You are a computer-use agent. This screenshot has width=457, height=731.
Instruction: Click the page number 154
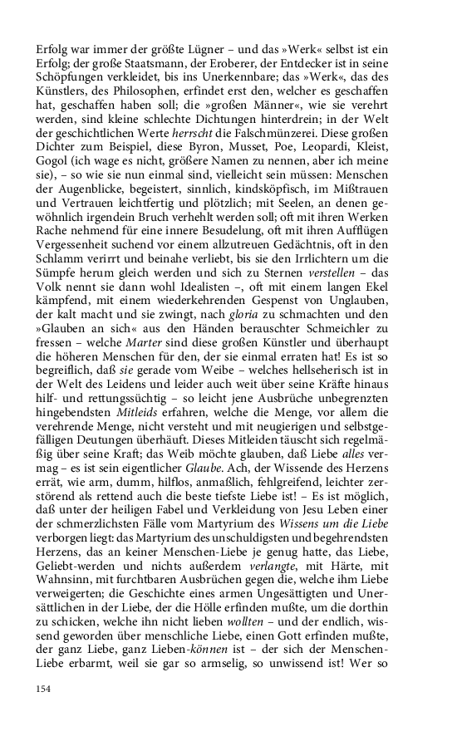click(44, 688)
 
